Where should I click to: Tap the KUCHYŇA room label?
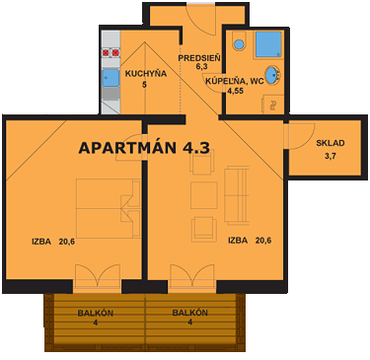coord(144,73)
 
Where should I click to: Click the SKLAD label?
coord(331,142)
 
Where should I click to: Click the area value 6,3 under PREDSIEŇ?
coord(201,67)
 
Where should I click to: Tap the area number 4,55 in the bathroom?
coord(235,91)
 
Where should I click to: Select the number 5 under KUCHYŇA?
coord(144,85)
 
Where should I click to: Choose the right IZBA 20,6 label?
coord(251,240)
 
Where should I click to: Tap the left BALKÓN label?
coord(95,313)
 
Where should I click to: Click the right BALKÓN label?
coord(189,313)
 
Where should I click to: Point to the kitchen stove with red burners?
coord(111,52)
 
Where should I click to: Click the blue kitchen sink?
coord(111,78)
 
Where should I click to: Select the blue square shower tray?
coord(266,44)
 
